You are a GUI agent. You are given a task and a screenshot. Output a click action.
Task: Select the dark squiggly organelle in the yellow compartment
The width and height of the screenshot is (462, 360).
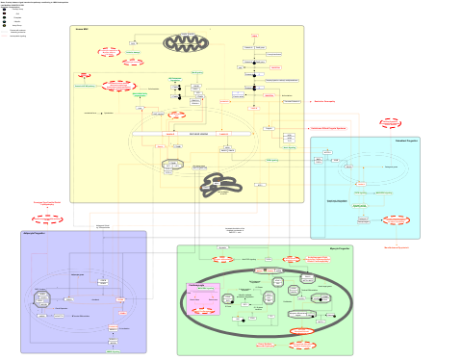point(220,184)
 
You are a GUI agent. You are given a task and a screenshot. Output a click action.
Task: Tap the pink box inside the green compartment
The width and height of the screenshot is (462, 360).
point(203,298)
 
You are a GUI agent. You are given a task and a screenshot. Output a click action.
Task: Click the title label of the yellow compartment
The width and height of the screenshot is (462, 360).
point(82,30)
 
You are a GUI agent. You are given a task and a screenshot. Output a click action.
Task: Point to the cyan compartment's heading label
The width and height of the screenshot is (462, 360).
point(407,141)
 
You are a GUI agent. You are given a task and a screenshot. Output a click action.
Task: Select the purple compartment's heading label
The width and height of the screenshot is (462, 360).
point(34,234)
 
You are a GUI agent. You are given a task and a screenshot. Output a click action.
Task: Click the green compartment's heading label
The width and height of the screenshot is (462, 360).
point(340,248)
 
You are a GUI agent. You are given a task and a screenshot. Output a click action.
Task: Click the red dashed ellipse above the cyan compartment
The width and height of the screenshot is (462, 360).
point(390,123)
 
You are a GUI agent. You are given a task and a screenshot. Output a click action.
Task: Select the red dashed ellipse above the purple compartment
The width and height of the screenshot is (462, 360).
point(46,219)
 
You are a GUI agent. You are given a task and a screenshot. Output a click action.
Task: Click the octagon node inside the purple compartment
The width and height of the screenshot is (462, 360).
point(41,298)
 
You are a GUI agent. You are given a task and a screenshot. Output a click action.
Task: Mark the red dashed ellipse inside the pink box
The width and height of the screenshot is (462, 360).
point(203,310)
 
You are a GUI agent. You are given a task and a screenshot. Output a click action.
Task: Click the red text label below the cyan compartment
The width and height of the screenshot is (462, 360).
point(396,247)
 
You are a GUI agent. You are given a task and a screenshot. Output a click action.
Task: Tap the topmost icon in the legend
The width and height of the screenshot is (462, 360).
point(5,10)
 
